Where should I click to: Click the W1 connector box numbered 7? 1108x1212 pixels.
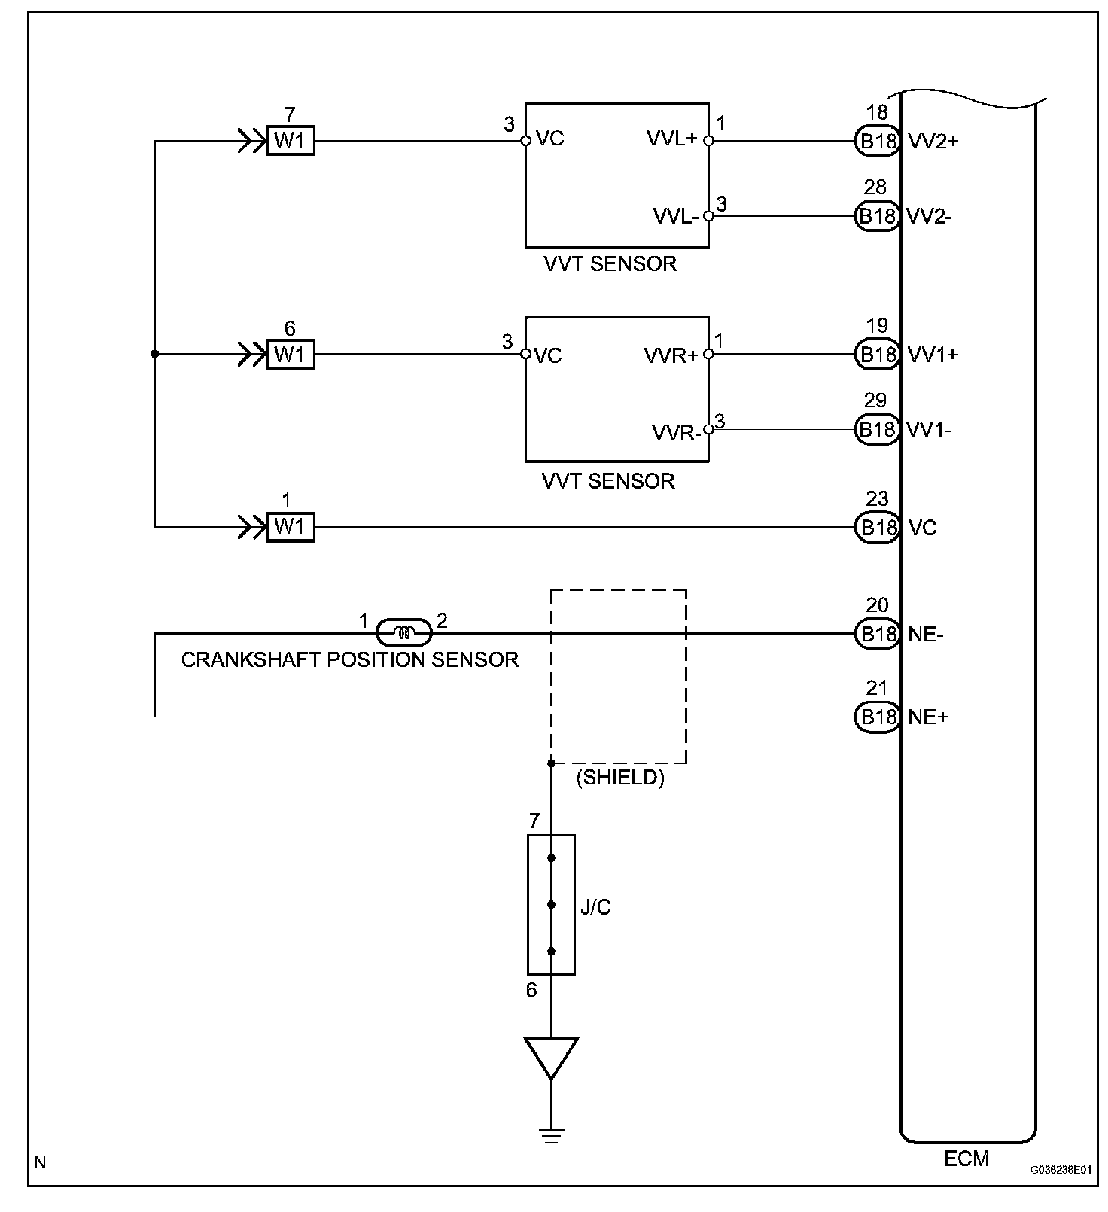click(291, 141)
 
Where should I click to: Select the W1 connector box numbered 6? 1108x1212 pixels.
click(291, 354)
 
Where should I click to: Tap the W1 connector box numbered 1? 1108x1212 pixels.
click(291, 527)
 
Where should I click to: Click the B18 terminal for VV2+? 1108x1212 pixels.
click(877, 141)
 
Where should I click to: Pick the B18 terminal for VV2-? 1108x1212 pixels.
click(877, 217)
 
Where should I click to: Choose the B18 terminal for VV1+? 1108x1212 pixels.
click(877, 354)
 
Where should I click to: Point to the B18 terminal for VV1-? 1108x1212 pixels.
click(877, 429)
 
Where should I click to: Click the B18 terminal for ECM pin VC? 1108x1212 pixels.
click(877, 527)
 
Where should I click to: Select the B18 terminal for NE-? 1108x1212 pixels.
click(877, 634)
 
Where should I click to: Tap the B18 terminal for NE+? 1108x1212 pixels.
click(877, 717)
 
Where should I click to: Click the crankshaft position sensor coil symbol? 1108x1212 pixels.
click(404, 633)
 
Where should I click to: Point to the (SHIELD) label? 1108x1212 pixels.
click(620, 778)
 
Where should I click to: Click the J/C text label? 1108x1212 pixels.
click(596, 907)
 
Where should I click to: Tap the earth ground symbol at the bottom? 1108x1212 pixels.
click(551, 1135)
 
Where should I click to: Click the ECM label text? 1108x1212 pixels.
click(966, 1159)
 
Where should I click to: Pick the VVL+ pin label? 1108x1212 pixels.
click(672, 139)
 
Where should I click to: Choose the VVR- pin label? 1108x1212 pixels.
click(677, 433)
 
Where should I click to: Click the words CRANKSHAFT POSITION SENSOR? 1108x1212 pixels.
click(350, 660)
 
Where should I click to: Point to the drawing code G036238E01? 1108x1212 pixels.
click(1061, 1170)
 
